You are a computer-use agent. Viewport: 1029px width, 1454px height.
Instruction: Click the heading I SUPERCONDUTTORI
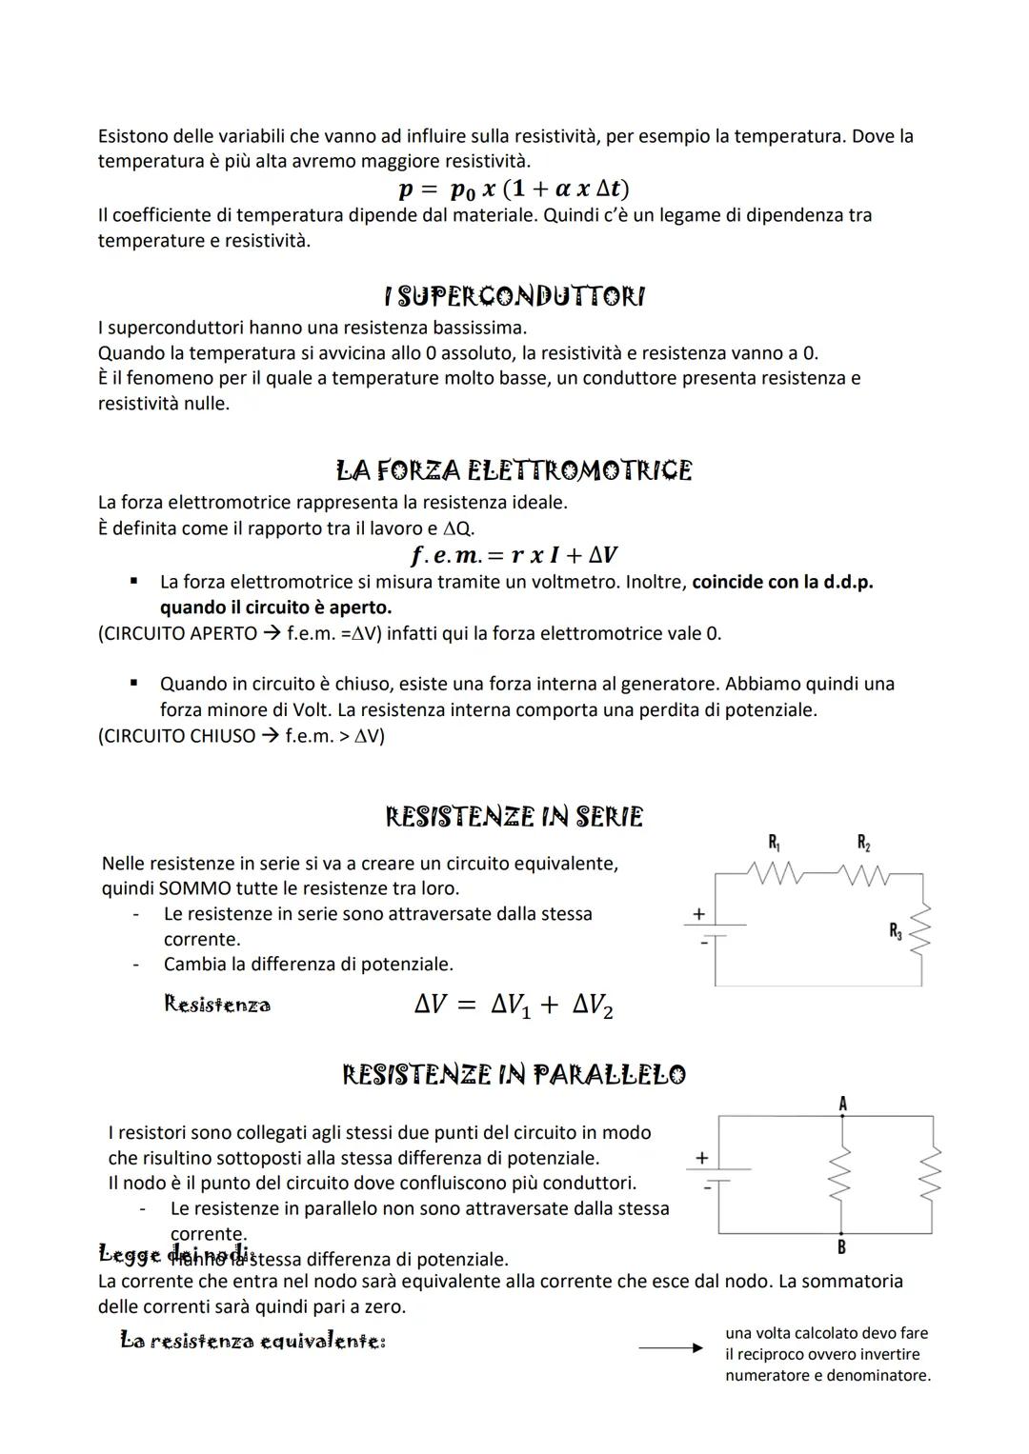(514, 297)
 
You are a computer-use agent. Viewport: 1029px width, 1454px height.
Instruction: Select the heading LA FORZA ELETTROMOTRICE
(514, 470)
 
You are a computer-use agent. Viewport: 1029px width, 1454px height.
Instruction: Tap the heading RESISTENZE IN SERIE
(514, 817)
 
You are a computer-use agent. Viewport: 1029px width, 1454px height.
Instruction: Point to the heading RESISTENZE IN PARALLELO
(514, 1075)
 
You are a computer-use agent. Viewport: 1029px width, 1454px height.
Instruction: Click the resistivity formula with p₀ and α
(514, 189)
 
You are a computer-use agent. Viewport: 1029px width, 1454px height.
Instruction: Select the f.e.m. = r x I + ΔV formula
(514, 554)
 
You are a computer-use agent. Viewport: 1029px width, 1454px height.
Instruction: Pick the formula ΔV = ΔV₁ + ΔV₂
(514, 1006)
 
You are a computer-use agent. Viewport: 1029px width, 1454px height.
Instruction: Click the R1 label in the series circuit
(775, 842)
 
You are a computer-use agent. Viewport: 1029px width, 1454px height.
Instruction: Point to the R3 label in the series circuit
(896, 931)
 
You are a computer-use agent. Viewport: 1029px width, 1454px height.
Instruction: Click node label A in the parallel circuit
(842, 1104)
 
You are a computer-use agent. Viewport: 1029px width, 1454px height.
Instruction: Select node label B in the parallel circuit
(841, 1246)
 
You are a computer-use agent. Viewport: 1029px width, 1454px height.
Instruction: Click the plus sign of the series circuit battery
(698, 914)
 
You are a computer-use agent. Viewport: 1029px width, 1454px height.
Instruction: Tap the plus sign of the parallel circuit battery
(702, 1158)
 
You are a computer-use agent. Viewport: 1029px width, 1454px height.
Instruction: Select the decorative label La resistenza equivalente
(252, 1342)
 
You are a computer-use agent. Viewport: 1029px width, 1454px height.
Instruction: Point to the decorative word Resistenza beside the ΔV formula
(217, 1005)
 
